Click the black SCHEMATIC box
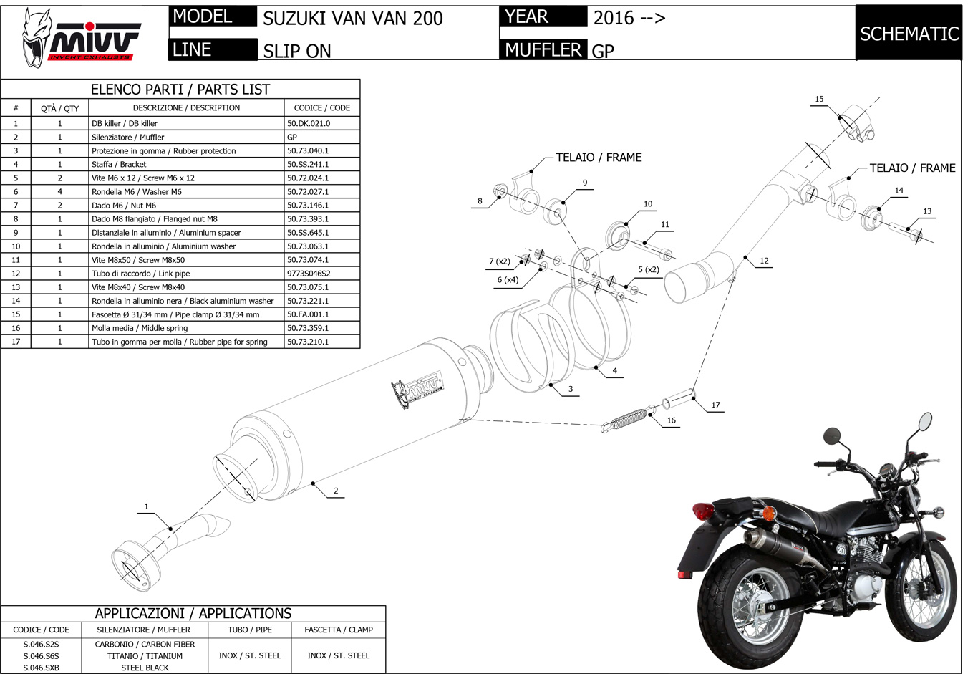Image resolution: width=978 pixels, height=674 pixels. point(909,33)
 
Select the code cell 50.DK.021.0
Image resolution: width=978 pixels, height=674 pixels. point(309,123)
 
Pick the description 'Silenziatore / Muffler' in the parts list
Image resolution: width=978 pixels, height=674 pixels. point(127,137)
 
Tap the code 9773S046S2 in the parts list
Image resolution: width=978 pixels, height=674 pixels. point(309,274)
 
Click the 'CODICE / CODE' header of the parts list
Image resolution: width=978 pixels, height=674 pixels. point(321,107)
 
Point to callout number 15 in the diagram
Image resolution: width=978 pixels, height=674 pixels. point(819,99)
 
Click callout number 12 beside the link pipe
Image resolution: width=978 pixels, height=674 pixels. point(764,261)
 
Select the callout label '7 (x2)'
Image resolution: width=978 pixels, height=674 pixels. point(499,261)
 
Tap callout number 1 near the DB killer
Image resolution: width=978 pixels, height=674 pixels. point(146,506)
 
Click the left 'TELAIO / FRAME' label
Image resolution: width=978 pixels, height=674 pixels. point(599,158)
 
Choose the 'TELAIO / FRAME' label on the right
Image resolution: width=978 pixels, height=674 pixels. point(912,168)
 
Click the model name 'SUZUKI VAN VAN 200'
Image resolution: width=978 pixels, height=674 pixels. point(352,19)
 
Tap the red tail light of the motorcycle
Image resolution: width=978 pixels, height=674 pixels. point(704,512)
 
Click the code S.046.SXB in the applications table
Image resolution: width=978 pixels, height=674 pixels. point(41,668)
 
